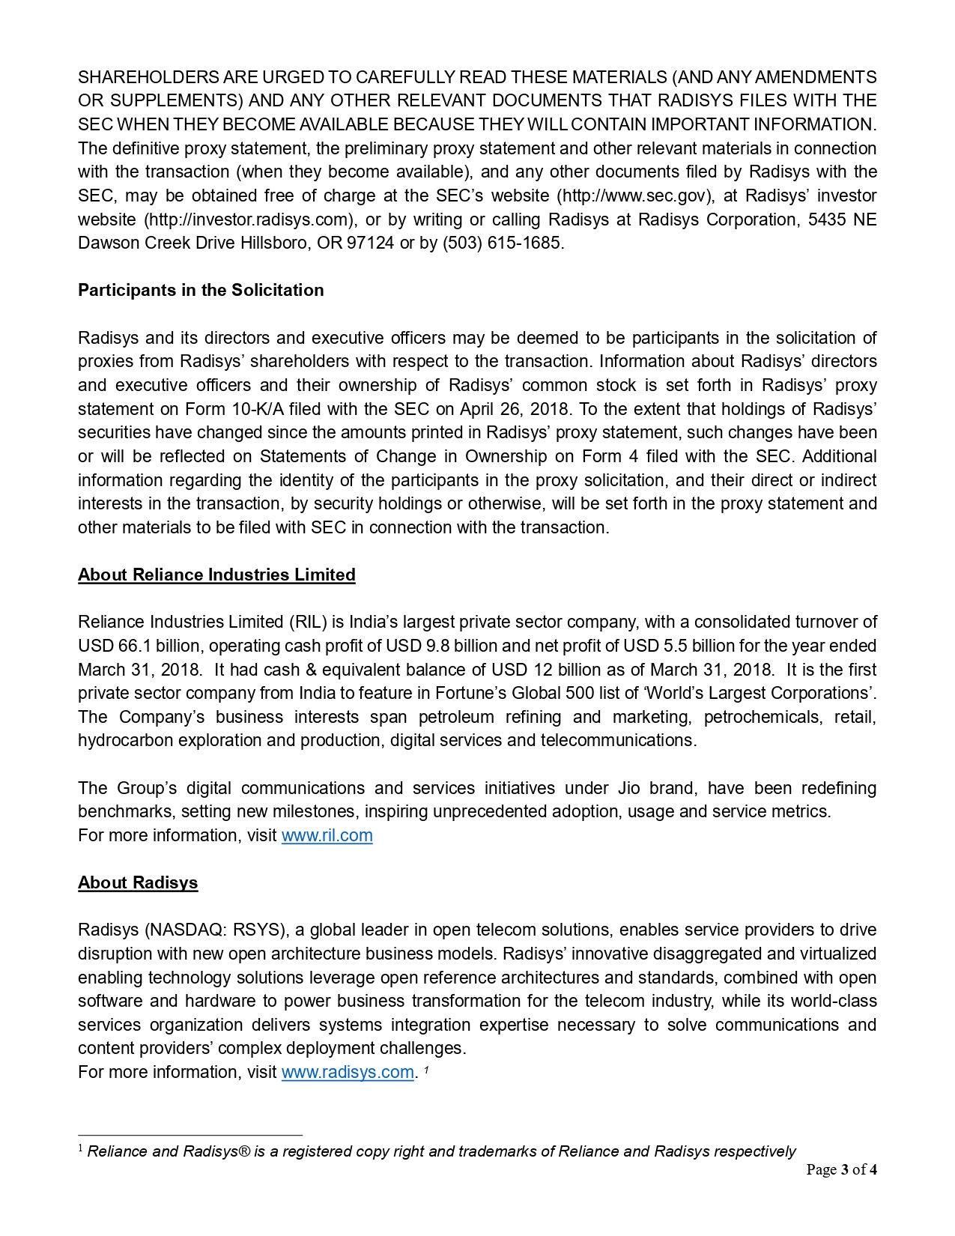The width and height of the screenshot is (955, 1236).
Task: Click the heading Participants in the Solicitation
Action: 201,291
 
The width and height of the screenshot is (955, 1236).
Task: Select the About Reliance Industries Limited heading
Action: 216,575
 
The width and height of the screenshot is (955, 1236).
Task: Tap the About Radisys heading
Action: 138,883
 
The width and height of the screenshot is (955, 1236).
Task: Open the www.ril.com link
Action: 327,836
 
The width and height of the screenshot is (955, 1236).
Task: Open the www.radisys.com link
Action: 348,1073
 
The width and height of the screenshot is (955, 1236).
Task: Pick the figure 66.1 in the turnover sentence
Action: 135,646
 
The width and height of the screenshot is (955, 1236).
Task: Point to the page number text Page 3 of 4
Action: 841,1170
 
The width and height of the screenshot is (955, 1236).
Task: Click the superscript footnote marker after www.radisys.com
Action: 426,1070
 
